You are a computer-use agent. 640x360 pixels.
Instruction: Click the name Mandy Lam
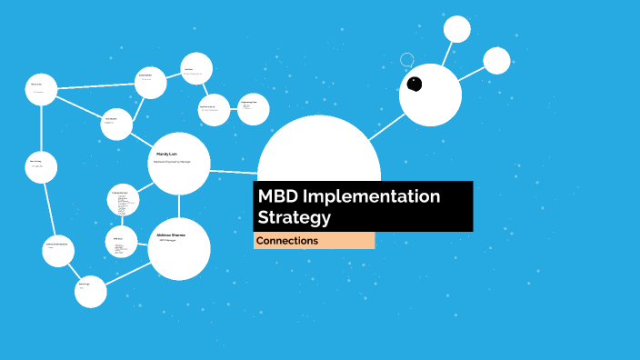pyautogui.click(x=165, y=154)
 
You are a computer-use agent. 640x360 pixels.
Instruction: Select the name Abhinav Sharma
pyautogui.click(x=171, y=235)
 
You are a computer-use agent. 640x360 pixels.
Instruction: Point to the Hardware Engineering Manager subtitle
pyautogui.click(x=172, y=162)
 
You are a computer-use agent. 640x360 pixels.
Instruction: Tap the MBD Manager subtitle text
pyautogui.click(x=168, y=241)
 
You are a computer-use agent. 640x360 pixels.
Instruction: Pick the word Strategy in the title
pyautogui.click(x=294, y=218)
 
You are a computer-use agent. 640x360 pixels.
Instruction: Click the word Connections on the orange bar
pyautogui.click(x=287, y=241)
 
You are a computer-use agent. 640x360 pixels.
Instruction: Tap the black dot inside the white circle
pyautogui.click(x=415, y=84)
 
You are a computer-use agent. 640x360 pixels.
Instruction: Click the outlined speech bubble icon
pyautogui.click(x=407, y=61)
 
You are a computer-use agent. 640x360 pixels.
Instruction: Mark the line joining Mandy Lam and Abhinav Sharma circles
pyautogui.click(x=179, y=206)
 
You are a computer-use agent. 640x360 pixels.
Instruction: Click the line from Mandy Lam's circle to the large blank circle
pyautogui.click(x=235, y=169)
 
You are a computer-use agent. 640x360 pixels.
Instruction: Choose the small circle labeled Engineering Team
pyautogui.click(x=255, y=109)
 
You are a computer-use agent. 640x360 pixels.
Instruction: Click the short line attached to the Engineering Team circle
pyautogui.click(x=234, y=109)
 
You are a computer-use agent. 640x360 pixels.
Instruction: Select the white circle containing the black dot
pyautogui.click(x=431, y=95)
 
